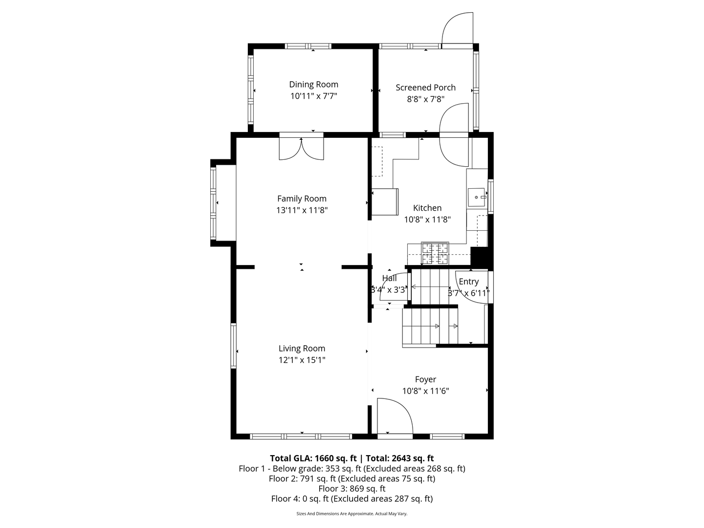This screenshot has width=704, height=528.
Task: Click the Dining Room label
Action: (x=313, y=84)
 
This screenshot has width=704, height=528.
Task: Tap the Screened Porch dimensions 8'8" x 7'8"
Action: (x=426, y=99)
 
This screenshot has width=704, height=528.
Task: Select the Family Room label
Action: (x=302, y=199)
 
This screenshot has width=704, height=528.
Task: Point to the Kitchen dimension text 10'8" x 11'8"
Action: (x=427, y=220)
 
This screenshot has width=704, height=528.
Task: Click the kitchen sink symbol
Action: (x=476, y=198)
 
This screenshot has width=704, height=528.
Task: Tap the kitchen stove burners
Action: (x=435, y=253)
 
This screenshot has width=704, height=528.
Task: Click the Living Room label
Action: (x=302, y=348)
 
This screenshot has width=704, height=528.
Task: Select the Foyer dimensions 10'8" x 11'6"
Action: (x=426, y=391)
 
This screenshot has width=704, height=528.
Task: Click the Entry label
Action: (x=468, y=282)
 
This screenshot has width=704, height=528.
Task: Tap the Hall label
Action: (x=389, y=278)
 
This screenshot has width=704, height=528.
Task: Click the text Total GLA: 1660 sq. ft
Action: (x=313, y=458)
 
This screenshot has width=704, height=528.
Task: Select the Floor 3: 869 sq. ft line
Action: (x=352, y=488)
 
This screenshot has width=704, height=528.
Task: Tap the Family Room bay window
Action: (x=213, y=203)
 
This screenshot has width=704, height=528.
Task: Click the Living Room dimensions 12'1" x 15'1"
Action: (x=302, y=360)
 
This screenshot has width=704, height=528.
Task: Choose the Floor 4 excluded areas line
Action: (x=352, y=499)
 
